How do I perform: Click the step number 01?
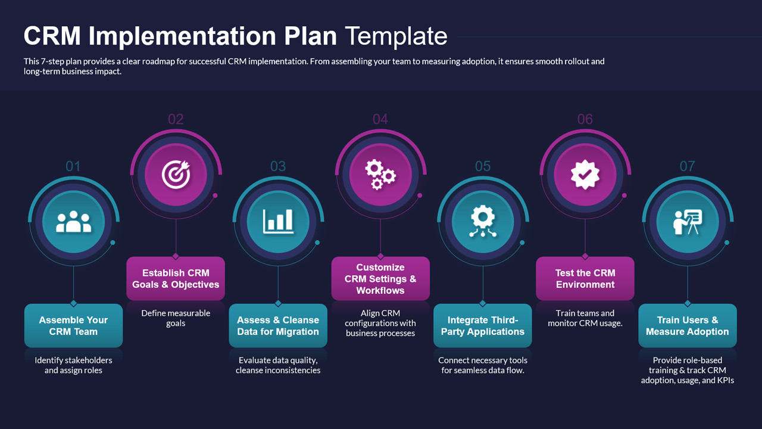click(73, 166)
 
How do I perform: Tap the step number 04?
click(380, 119)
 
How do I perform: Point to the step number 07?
click(687, 166)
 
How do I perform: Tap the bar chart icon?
click(278, 222)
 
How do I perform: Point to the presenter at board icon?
click(688, 222)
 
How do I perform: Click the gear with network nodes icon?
click(483, 222)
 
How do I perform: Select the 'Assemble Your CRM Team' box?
click(73, 326)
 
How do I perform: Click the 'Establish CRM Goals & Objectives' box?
click(176, 279)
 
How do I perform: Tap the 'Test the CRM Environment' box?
click(585, 279)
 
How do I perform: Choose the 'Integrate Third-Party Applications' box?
click(483, 326)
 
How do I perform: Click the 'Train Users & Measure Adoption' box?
click(688, 326)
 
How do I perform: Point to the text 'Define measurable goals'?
click(176, 318)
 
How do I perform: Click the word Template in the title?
click(396, 36)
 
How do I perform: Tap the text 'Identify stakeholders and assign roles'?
click(73, 365)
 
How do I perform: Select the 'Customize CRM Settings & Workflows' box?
click(380, 279)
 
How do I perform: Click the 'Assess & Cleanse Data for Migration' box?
click(278, 326)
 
